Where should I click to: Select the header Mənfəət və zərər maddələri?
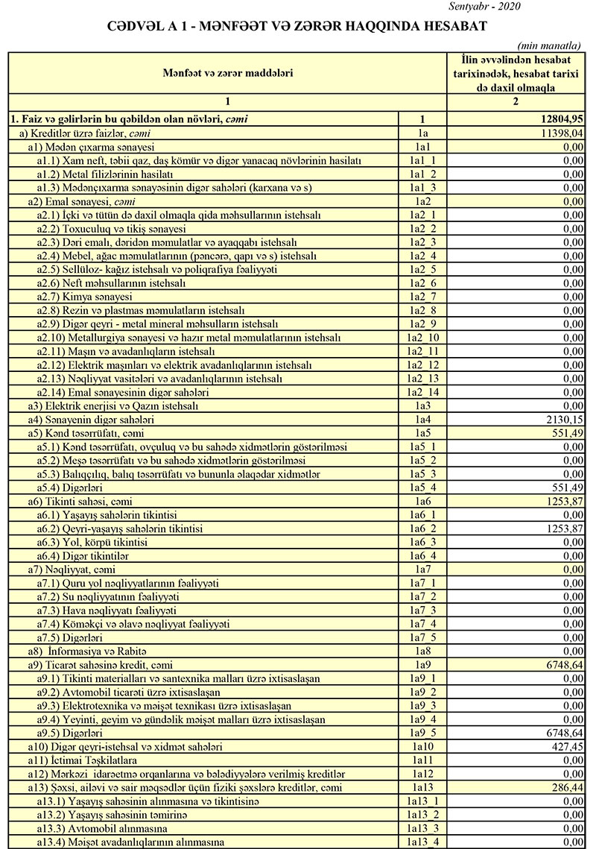228,73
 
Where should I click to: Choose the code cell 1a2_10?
422,338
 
